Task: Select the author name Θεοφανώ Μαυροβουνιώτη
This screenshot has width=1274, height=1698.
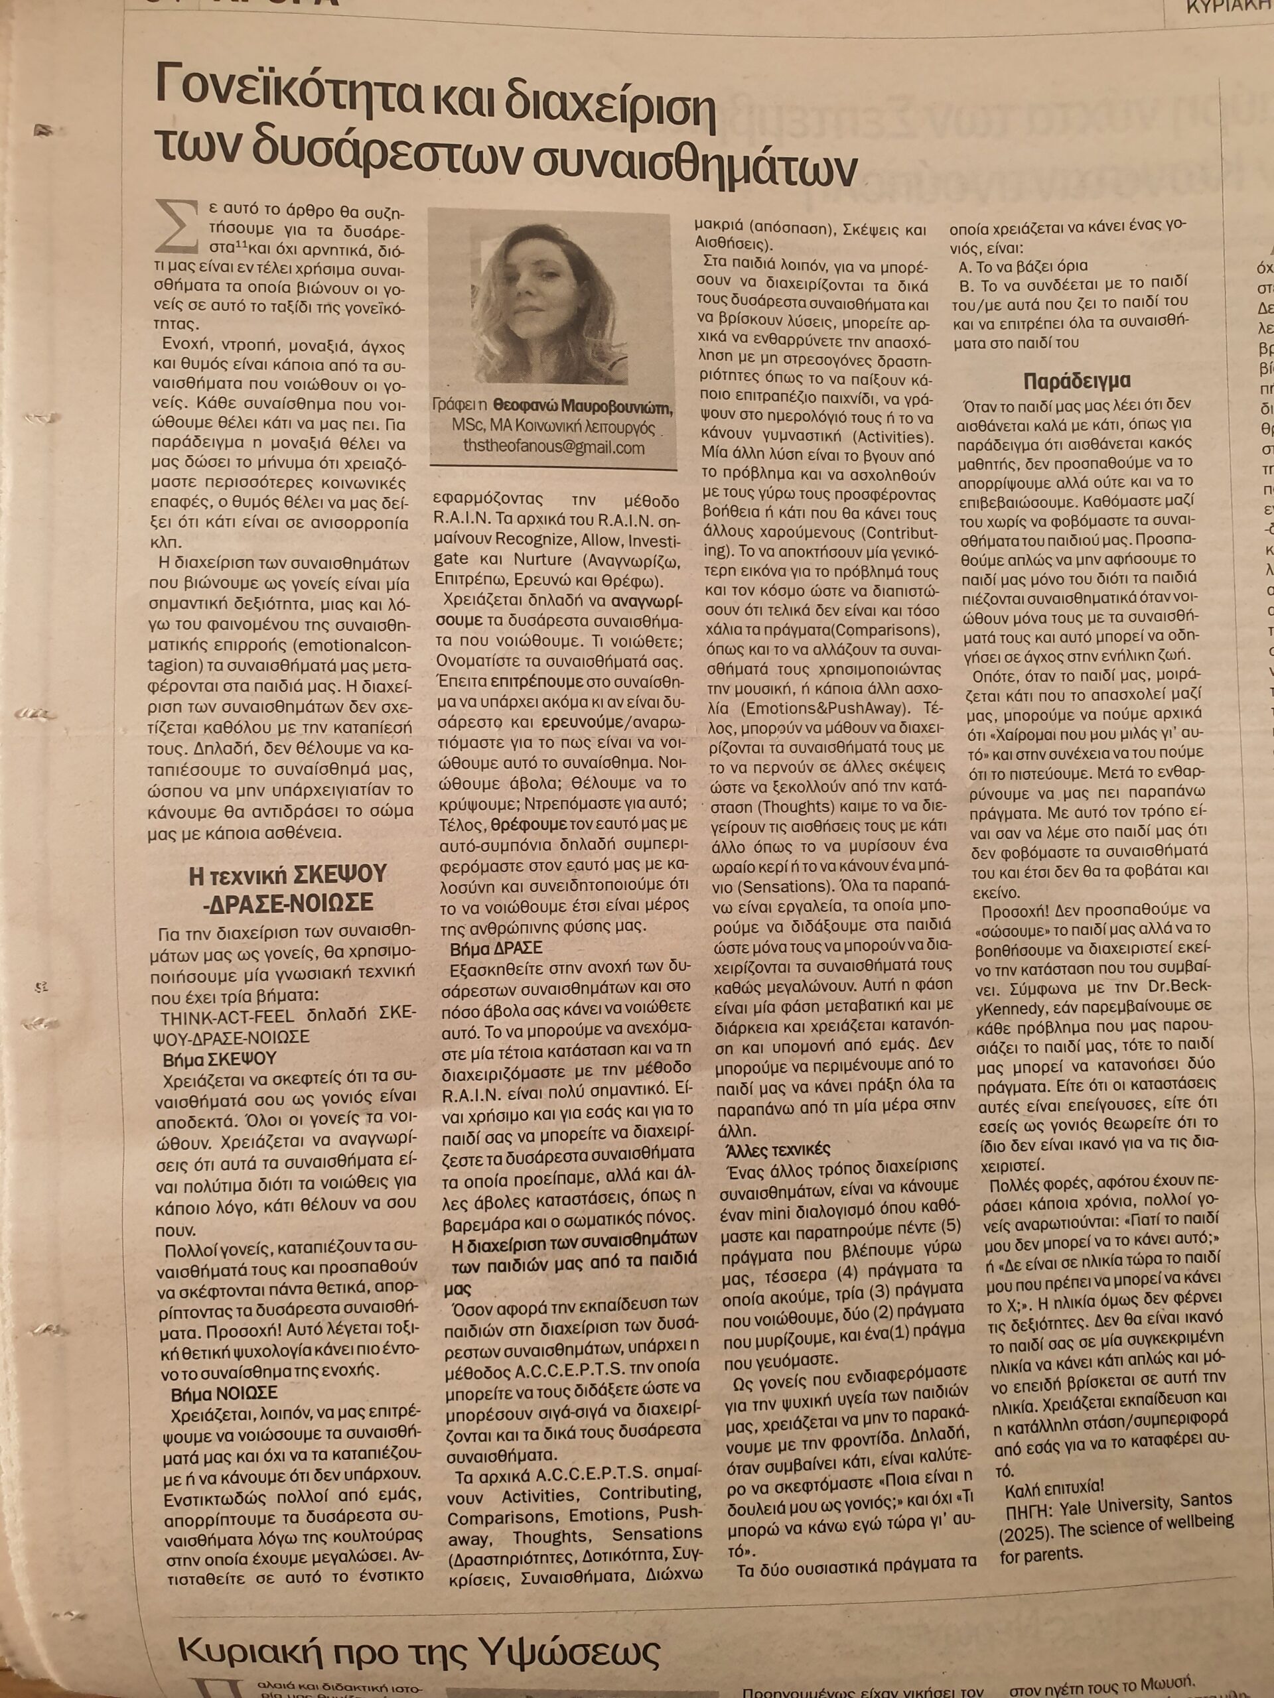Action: click(x=584, y=407)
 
